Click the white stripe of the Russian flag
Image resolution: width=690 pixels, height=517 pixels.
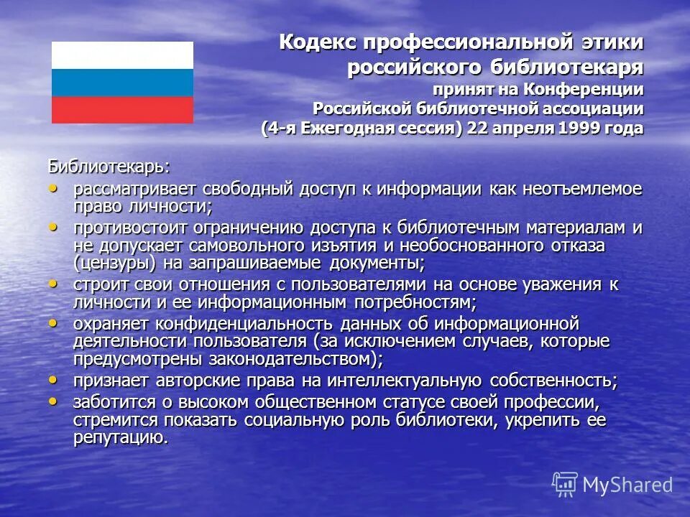tap(122, 55)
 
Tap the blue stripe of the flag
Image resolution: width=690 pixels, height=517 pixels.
tap(122, 83)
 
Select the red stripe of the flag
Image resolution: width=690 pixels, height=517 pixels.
tap(122, 110)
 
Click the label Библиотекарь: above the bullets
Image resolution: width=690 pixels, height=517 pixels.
tap(109, 167)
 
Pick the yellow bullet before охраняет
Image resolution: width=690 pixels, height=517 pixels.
tap(52, 323)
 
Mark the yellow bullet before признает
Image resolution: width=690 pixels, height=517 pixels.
tap(52, 378)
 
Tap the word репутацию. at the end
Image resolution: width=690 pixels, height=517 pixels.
tap(121, 437)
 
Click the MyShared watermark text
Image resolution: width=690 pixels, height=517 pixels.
tap(627, 485)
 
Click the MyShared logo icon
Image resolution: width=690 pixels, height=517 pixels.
tap(565, 484)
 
